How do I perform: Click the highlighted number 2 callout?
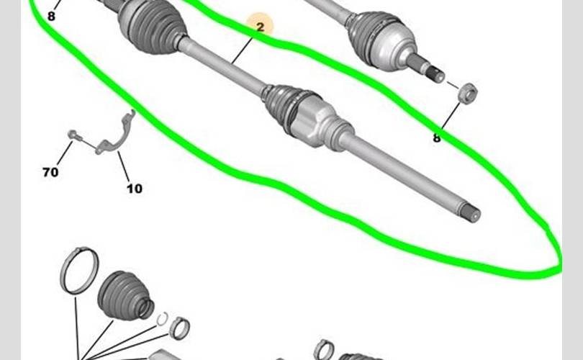[x=261, y=27]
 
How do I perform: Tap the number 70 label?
[x=50, y=172]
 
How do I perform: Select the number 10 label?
[x=134, y=189]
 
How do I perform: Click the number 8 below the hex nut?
[x=436, y=138]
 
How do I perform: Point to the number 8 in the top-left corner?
[x=51, y=17]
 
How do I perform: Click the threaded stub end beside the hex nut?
[x=435, y=73]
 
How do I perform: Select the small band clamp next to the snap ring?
[x=180, y=328]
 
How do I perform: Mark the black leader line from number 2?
[x=243, y=48]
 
